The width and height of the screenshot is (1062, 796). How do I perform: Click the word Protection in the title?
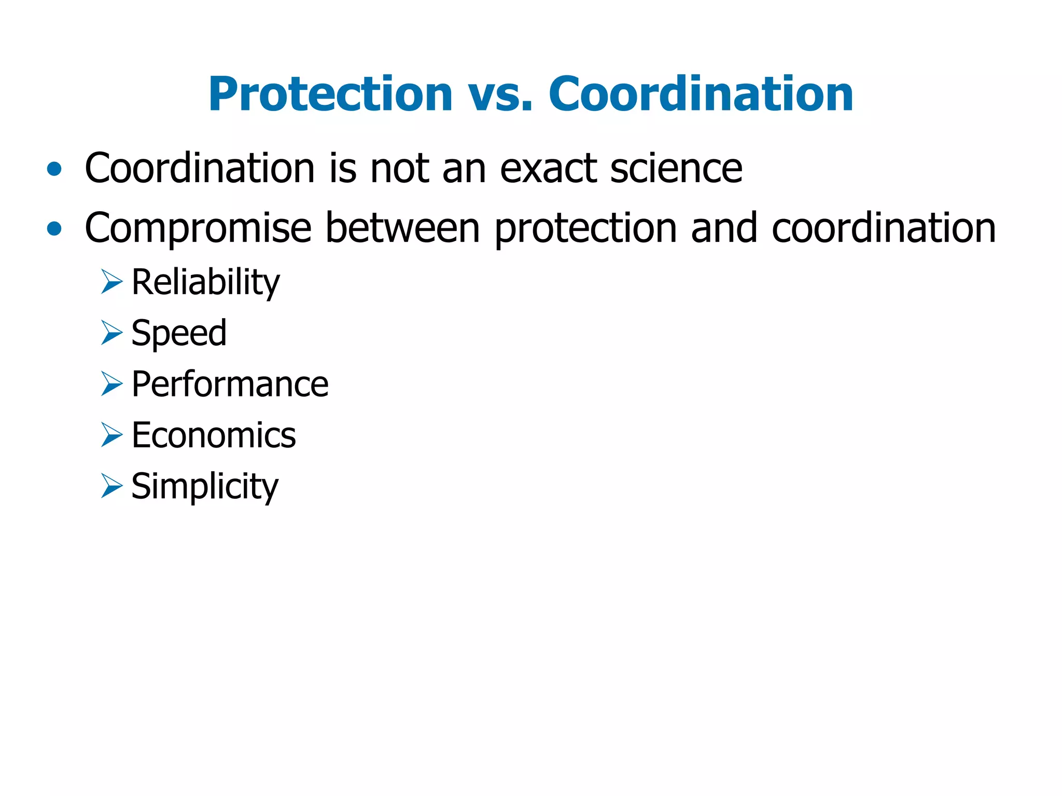(330, 94)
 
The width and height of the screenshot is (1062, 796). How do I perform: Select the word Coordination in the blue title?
(701, 94)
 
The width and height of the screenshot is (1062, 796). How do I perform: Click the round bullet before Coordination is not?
(54, 169)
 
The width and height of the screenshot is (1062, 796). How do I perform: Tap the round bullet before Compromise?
(54, 228)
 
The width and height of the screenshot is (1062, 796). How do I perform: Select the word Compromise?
(198, 228)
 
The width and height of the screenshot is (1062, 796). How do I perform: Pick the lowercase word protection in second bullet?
(585, 228)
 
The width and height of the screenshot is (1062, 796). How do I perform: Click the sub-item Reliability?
(205, 283)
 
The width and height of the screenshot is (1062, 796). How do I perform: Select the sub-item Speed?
(179, 333)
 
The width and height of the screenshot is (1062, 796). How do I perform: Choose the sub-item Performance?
(230, 384)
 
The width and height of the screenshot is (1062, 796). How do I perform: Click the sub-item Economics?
(214, 435)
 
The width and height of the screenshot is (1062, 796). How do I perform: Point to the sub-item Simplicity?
(205, 487)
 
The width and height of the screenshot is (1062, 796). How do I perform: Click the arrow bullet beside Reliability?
(111, 282)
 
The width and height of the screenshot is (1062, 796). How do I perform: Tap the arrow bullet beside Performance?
(111, 384)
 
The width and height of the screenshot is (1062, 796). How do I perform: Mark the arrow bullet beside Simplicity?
(111, 486)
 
